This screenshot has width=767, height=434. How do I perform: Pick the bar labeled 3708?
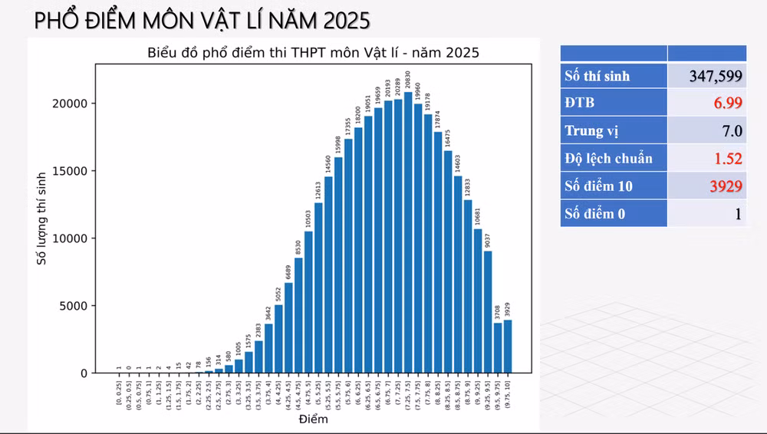498,348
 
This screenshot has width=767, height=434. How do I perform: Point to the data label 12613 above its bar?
318,188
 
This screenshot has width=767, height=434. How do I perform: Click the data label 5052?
278,294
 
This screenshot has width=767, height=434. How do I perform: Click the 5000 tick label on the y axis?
77,306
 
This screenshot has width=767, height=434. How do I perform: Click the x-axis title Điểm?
312,419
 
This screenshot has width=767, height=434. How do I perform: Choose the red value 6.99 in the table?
726,103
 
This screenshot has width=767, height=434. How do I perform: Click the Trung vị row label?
591,130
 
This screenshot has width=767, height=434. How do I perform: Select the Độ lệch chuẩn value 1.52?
726,158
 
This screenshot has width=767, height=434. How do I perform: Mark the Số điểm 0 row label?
594,213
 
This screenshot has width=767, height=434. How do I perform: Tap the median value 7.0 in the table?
732,130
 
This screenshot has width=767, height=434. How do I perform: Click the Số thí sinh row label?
597,75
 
